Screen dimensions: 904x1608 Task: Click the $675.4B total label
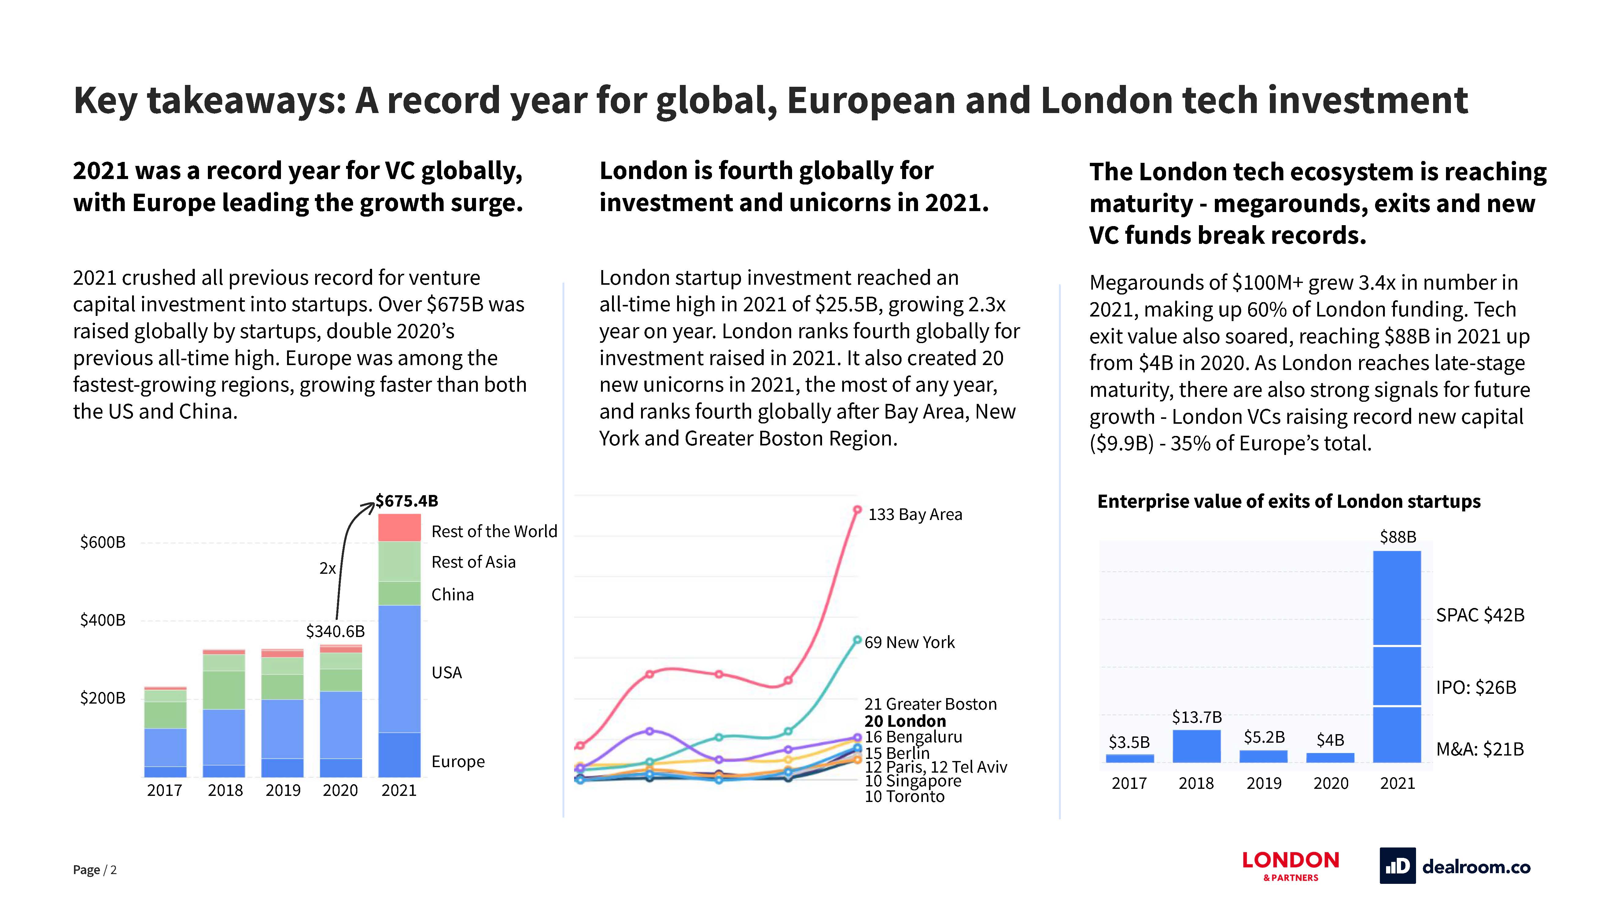(407, 501)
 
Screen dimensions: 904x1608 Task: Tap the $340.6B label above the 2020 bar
(335, 631)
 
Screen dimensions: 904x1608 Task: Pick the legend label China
(452, 595)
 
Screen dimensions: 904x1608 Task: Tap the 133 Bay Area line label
(915, 515)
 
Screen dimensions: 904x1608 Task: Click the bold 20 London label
(905, 721)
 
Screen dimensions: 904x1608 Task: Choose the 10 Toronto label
(905, 797)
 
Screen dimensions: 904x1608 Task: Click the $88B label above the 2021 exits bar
(1398, 537)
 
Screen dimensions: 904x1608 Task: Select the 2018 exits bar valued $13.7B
(1197, 746)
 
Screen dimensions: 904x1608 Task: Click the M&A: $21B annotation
(1480, 749)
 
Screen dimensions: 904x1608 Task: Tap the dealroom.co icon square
(1397, 866)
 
